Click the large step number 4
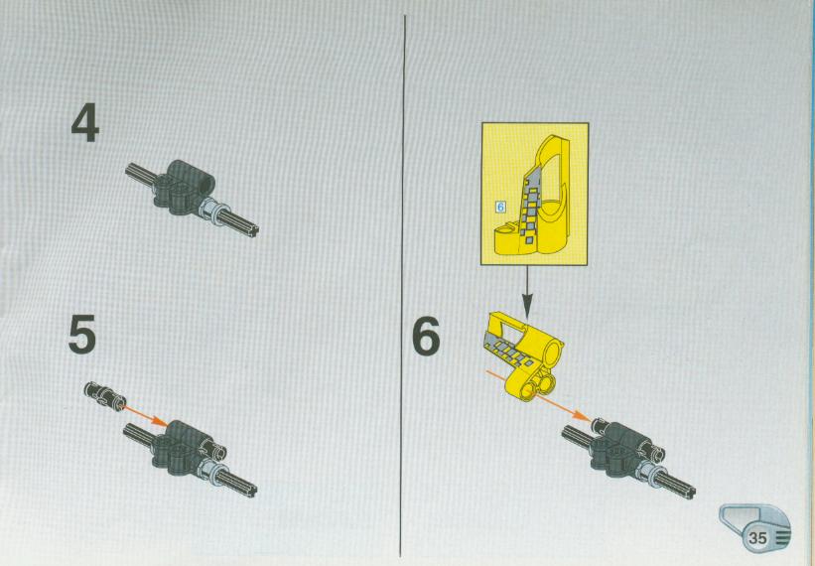pyautogui.click(x=85, y=123)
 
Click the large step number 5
pyautogui.click(x=82, y=335)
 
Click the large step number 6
pyautogui.click(x=426, y=337)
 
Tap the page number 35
pyautogui.click(x=757, y=537)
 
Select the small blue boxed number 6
pyautogui.click(x=500, y=207)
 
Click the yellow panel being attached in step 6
pyautogui.click(x=524, y=354)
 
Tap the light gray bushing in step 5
pyautogui.click(x=211, y=469)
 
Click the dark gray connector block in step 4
pyautogui.click(x=182, y=187)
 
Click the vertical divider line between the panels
pyautogui.click(x=403, y=286)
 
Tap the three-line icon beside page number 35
pyautogui.click(x=781, y=537)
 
